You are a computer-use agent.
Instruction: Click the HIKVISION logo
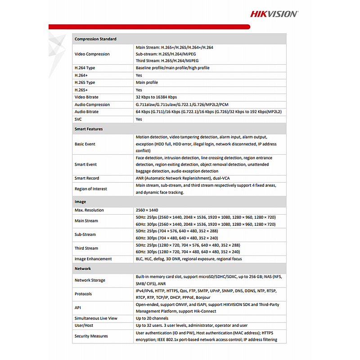click(x=274, y=13)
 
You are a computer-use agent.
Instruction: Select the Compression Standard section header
click(x=95, y=39)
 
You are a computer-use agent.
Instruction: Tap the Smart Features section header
click(x=89, y=129)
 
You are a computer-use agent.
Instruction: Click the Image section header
click(x=80, y=202)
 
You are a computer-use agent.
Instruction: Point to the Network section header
click(x=83, y=269)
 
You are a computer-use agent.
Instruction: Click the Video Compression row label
click(x=92, y=54)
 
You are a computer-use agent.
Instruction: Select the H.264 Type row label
click(x=85, y=68)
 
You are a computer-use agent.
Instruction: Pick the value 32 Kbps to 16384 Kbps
click(x=156, y=97)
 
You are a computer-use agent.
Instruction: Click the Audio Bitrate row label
click(x=86, y=112)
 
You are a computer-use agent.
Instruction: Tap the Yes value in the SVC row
click(x=139, y=119)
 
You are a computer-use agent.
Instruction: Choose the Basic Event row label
click(x=85, y=144)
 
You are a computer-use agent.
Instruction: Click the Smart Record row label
click(x=87, y=178)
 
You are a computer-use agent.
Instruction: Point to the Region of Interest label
click(x=91, y=189)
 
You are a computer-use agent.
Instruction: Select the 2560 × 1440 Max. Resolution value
click(x=147, y=210)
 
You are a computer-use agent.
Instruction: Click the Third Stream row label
click(x=86, y=248)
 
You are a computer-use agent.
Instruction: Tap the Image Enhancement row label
click(x=93, y=259)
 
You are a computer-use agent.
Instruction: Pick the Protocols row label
click(x=83, y=294)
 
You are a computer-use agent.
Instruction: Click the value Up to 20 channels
click(x=152, y=318)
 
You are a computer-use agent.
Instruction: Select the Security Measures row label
click(x=91, y=336)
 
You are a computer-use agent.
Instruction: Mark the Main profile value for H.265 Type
click(x=147, y=83)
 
